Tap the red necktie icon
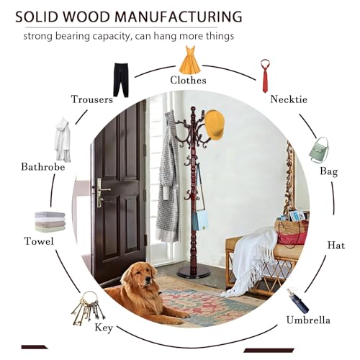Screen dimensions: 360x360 click(265, 76)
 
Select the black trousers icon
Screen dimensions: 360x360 click(121, 80)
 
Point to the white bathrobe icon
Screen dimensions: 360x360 click(63, 140)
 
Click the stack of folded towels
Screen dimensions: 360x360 click(50, 222)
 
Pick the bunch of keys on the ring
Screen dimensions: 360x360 click(88, 308)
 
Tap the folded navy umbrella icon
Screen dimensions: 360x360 click(298, 301)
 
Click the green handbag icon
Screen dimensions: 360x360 click(319, 150)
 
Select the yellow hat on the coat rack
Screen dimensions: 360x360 click(215, 125)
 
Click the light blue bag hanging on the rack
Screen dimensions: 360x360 click(200, 220)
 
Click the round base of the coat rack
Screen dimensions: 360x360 click(194, 273)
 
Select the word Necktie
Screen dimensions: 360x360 click(289, 99)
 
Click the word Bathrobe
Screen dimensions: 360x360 click(43, 167)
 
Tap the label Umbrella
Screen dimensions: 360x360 click(308, 320)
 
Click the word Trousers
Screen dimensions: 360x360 click(92, 99)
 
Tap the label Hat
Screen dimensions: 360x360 click(336, 246)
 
